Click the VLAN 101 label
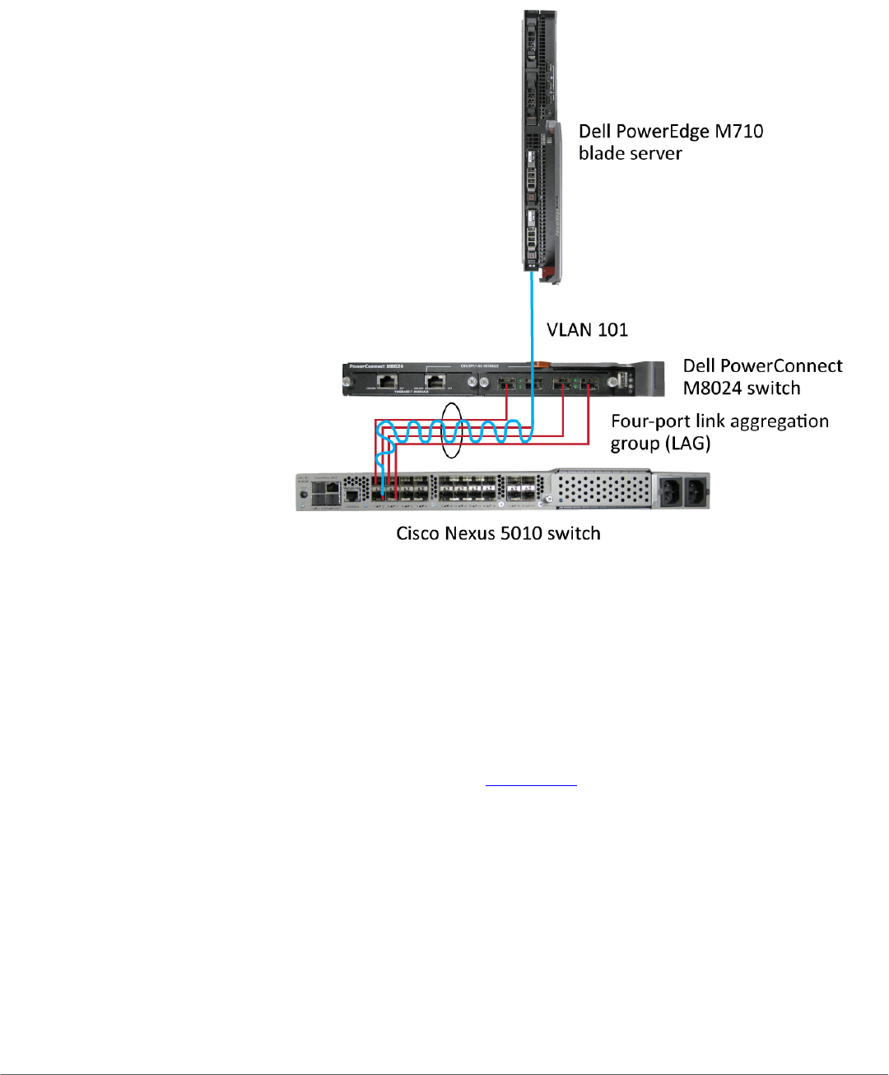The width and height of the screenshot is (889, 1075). (587, 330)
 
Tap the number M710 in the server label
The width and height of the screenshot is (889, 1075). (738, 132)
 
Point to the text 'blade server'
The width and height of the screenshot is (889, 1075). (630, 154)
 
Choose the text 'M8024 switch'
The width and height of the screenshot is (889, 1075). (741, 389)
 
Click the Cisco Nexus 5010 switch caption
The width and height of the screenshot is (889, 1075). (498, 533)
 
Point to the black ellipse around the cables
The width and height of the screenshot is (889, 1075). (452, 430)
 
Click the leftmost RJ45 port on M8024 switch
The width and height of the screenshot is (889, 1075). (386, 382)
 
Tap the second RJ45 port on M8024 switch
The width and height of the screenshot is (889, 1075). (435, 382)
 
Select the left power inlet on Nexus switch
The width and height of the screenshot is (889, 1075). (670, 492)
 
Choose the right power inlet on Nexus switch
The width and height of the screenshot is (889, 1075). (696, 492)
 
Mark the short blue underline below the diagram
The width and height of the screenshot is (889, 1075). (531, 785)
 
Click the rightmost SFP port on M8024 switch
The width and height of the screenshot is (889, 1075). (589, 383)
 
